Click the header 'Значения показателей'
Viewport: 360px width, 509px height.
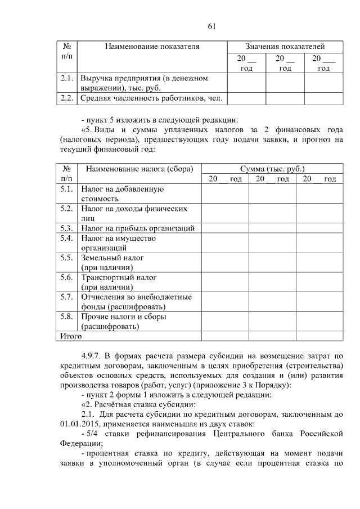pyautogui.click(x=285, y=46)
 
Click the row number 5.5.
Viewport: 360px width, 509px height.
pyautogui.click(x=67, y=258)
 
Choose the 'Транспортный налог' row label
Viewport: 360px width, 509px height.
pyautogui.click(x=119, y=277)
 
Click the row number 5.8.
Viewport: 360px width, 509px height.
pyautogui.click(x=67, y=317)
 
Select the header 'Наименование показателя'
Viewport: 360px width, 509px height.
pyautogui.click(x=152, y=46)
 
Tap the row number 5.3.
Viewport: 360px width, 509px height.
pyautogui.click(x=67, y=228)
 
